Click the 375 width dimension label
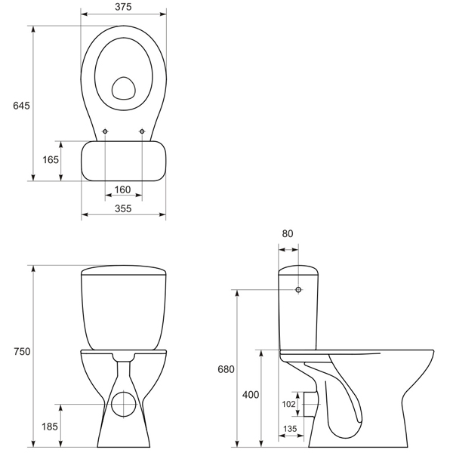pyautogui.click(x=123, y=7)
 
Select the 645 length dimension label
pyautogui.click(x=21, y=106)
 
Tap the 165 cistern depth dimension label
pyautogui.click(x=51, y=160)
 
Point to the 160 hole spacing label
pyautogui.click(x=122, y=190)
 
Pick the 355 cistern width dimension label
pyautogui.click(x=123, y=208)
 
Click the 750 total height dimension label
pyautogui.click(x=22, y=352)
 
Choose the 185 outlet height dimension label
pyautogui.click(x=50, y=427)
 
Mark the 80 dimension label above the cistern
pyautogui.click(x=288, y=233)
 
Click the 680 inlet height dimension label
pyautogui.click(x=226, y=369)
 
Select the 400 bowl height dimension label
pyautogui.click(x=251, y=395)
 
